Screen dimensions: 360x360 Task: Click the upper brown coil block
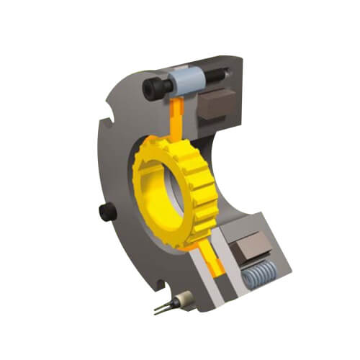tap(214, 107)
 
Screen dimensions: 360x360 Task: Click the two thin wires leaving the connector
tap(162, 310)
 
